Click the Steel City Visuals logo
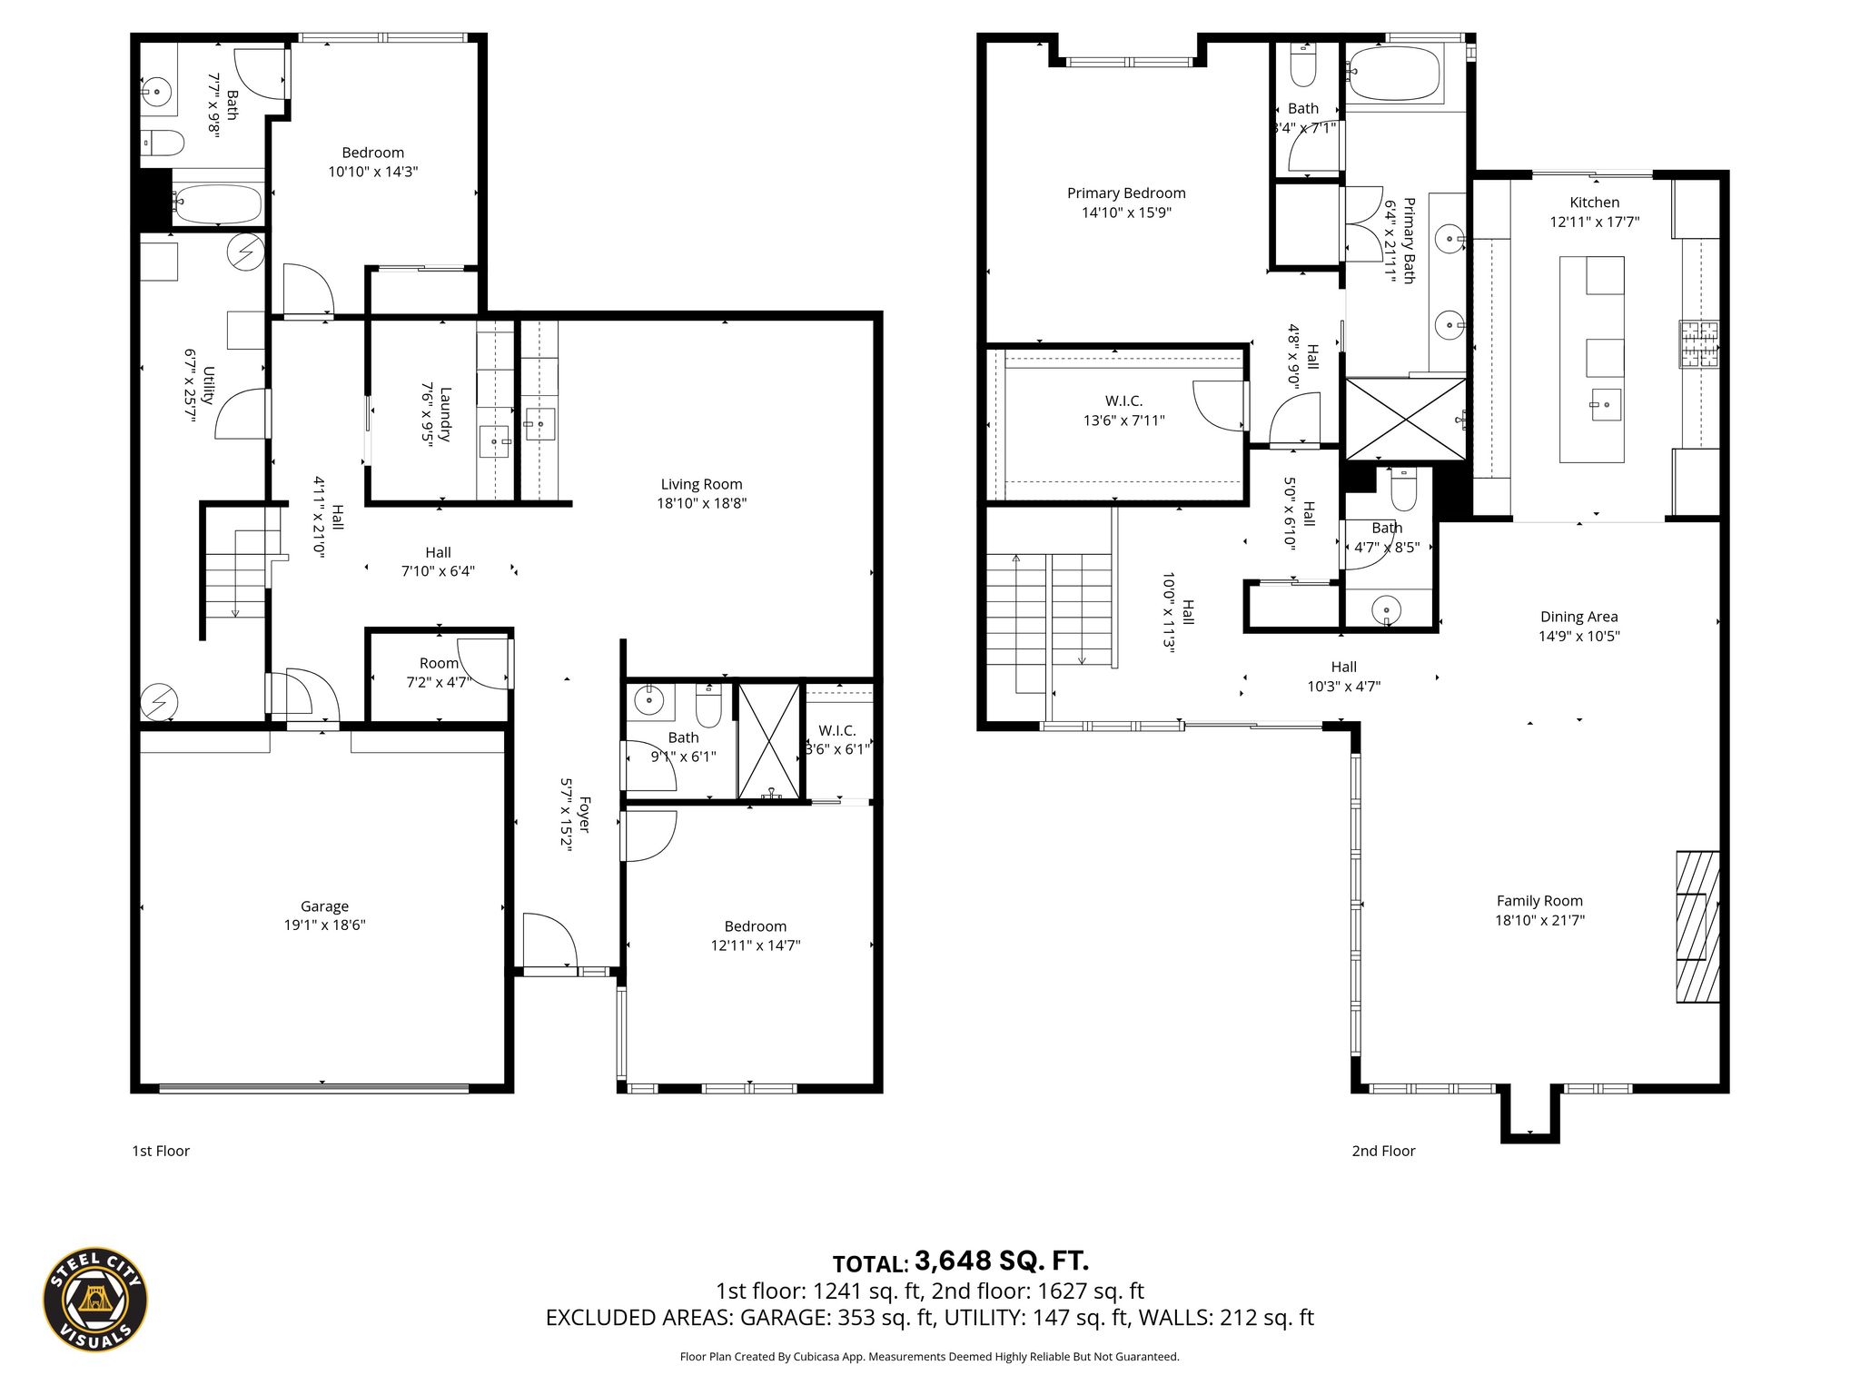click(x=95, y=1299)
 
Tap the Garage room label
click(x=324, y=906)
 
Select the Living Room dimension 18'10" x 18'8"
click(x=701, y=503)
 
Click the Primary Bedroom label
click(x=1126, y=193)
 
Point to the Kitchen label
click(x=1594, y=203)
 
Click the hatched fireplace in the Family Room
click(x=1697, y=926)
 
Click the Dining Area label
click(x=1578, y=617)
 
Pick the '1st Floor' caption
click(x=161, y=1151)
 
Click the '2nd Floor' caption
click(x=1383, y=1151)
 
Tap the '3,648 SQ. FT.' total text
click(x=1002, y=1261)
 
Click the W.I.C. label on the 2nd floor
click(x=1123, y=401)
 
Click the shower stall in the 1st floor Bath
click(x=769, y=742)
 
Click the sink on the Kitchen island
click(x=1606, y=405)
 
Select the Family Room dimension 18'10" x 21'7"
click(x=1539, y=920)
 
